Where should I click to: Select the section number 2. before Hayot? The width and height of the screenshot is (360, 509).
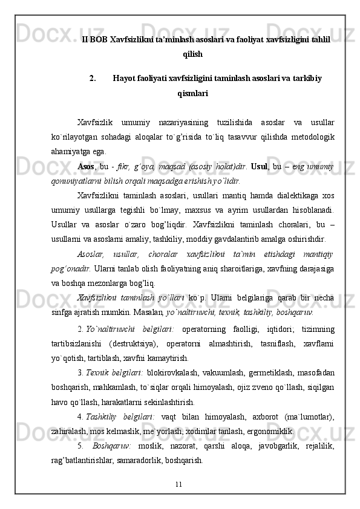coord(92,78)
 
